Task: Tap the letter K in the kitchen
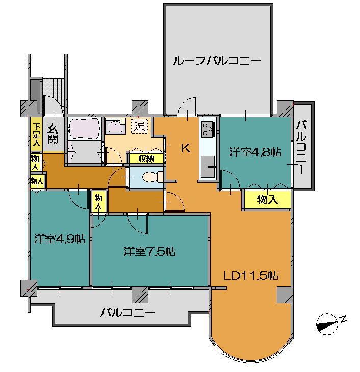point(185,149)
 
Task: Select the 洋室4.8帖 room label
point(255,152)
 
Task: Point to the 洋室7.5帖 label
point(150,251)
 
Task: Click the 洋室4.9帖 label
point(59,238)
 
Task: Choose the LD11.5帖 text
point(251,276)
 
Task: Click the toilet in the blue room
point(149,177)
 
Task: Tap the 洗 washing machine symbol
point(139,125)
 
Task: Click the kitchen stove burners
point(208,130)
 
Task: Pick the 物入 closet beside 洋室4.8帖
point(267,200)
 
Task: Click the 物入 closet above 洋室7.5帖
point(98,201)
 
